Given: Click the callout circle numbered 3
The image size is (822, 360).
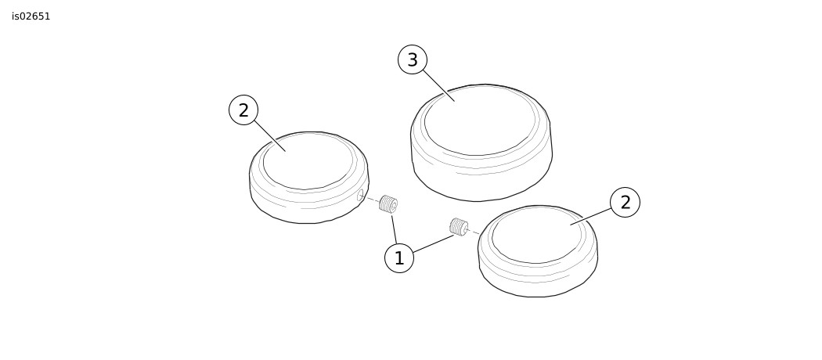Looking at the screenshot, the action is point(413,59).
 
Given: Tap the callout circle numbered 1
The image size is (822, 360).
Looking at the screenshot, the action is point(399,258).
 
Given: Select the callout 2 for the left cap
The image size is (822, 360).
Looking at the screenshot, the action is point(243,110).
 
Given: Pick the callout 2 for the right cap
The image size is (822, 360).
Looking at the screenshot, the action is point(625,202).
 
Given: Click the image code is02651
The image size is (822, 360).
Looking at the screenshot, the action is point(31,16).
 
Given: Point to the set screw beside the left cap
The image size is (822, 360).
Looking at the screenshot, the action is point(388,203).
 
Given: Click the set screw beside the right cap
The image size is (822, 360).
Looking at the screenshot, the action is point(459,227).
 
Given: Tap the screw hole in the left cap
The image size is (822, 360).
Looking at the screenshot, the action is point(360,196).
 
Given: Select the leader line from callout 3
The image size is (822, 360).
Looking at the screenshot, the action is point(438,85).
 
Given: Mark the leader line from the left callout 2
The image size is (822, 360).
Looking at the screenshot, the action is point(270,136).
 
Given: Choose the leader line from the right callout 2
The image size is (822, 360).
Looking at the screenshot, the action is point(591,217).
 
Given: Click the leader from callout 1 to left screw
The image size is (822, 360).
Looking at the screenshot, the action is point(395,229).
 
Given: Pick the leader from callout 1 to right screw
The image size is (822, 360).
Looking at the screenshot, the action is point(434,243).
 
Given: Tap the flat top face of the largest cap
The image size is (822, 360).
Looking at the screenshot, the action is point(480,121).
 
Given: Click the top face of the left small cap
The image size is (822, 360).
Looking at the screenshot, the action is point(308,161).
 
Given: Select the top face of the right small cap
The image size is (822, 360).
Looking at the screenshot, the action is point(537,235).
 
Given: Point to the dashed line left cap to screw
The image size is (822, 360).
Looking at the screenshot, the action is point(371,199).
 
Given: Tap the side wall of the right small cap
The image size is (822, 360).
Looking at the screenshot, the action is point(538,285).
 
